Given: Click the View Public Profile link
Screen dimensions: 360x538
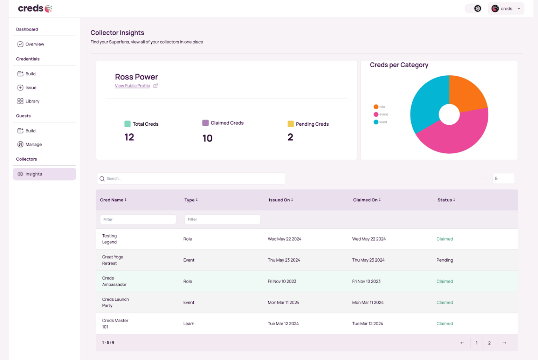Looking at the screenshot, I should [x=132, y=86].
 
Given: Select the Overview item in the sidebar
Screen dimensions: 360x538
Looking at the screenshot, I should [x=35, y=44].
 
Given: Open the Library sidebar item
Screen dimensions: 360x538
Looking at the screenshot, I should [x=32, y=101].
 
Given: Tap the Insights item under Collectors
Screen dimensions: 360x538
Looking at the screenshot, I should [x=34, y=174].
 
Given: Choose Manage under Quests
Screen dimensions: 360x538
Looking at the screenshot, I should [x=34, y=144].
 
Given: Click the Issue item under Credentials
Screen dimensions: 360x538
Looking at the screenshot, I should [x=31, y=88].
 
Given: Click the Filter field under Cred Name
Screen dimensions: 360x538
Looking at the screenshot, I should [x=138, y=219].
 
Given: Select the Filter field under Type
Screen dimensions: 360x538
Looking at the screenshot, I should [x=222, y=219].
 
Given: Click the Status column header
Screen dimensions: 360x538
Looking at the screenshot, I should [x=446, y=200].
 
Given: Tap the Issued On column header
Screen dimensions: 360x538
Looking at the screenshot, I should [x=281, y=200].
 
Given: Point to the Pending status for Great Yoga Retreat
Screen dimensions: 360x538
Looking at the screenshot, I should [x=444, y=260].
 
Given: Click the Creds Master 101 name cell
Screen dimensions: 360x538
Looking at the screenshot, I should [x=115, y=324].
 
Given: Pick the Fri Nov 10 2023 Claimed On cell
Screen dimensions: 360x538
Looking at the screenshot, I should [x=366, y=281].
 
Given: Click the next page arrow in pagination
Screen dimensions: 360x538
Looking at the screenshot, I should [x=504, y=343].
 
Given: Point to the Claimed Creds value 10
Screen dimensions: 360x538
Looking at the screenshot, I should [x=207, y=138].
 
